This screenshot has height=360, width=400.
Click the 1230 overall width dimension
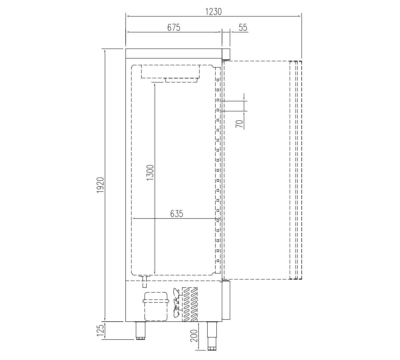(x=213, y=11)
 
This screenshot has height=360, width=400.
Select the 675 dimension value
(x=174, y=28)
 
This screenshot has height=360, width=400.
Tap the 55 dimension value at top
(x=243, y=28)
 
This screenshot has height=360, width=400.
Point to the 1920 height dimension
(x=101, y=185)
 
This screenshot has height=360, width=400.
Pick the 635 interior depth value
(x=177, y=214)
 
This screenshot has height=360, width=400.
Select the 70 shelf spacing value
(x=239, y=124)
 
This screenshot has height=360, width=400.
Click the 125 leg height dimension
(x=101, y=331)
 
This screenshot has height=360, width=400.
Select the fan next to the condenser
(x=176, y=303)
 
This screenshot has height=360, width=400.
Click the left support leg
(x=141, y=331)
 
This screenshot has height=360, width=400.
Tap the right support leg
(x=211, y=336)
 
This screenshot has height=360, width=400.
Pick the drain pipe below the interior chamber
(x=145, y=282)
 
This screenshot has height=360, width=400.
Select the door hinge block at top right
(x=226, y=53)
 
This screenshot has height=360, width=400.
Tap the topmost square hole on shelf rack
(x=217, y=80)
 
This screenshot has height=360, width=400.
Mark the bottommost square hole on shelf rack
(x=217, y=261)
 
